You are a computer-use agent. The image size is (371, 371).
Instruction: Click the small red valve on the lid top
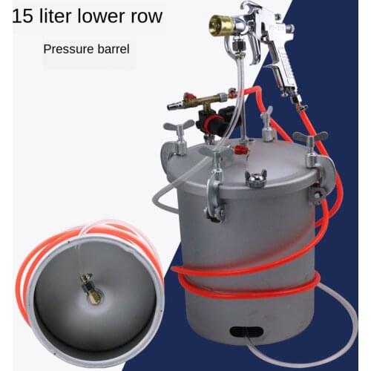click(239, 149)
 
